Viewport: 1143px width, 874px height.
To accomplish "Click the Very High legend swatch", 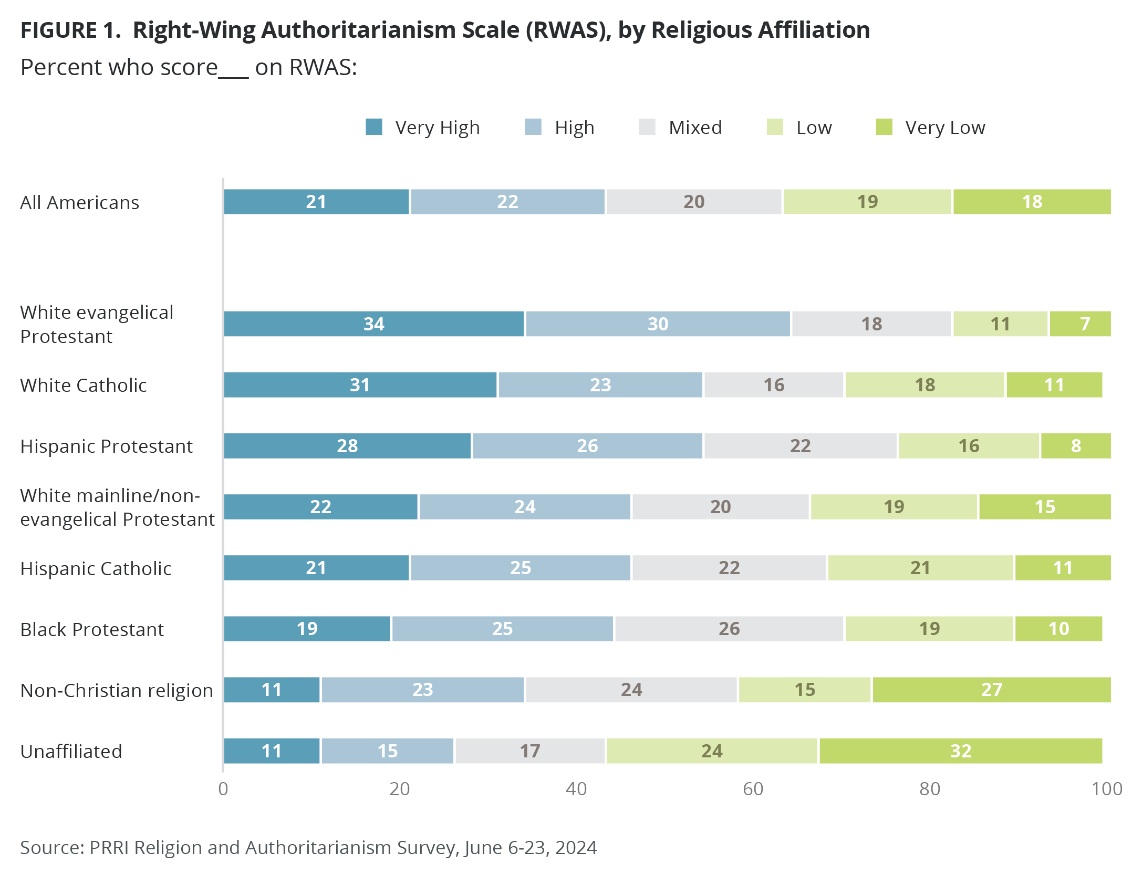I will click(x=373, y=127).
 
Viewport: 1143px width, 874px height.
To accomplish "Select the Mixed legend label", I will click(x=695, y=128).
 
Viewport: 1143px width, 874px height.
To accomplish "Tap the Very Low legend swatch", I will click(x=884, y=127).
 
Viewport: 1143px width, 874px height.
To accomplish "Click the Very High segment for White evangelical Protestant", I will click(x=373, y=324).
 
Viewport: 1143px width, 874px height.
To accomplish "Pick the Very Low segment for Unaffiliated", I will click(x=960, y=751).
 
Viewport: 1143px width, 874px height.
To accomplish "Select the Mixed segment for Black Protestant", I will click(x=729, y=629).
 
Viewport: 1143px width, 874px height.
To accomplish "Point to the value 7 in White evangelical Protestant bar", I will click(x=1085, y=324).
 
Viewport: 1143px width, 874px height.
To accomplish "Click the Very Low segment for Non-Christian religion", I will click(x=991, y=690).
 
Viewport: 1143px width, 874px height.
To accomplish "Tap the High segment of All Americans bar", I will click(x=507, y=202).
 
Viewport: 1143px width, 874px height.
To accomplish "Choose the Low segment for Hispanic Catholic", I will click(x=920, y=568).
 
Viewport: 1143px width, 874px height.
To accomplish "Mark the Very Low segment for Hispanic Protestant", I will click(x=1076, y=446).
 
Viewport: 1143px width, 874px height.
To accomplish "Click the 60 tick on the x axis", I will click(x=753, y=789).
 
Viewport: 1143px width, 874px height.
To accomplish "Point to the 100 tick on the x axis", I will click(x=1106, y=789).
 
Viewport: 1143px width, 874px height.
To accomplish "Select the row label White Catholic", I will click(x=84, y=385).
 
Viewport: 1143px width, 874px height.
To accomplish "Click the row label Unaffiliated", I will click(x=71, y=751).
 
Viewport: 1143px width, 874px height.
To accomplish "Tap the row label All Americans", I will click(x=79, y=202).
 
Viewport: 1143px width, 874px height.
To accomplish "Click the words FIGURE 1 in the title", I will click(x=70, y=30).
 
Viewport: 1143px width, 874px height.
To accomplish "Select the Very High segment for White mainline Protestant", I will click(x=320, y=507).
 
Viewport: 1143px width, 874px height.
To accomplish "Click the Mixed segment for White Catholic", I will click(x=773, y=385).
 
